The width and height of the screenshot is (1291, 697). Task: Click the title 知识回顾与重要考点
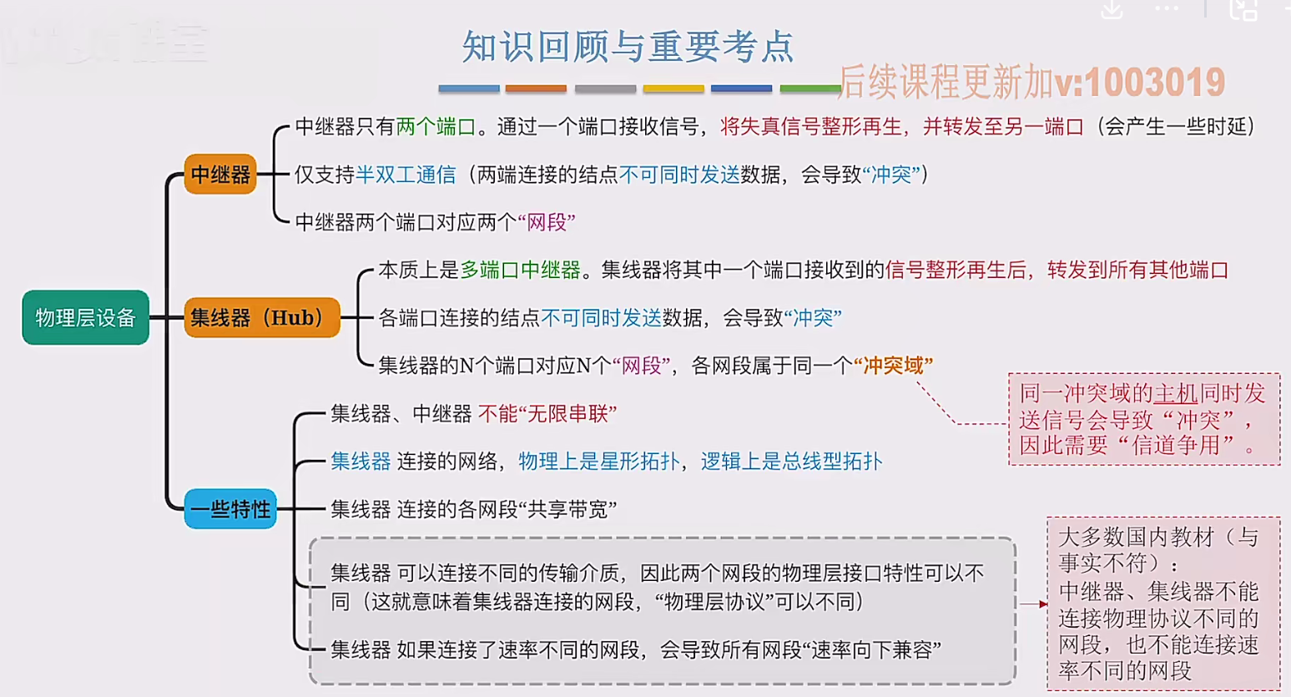point(628,47)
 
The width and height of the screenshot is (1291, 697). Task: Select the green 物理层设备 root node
point(85,317)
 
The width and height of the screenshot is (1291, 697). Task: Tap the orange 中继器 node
point(220,174)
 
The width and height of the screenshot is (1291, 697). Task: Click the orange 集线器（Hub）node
point(261,318)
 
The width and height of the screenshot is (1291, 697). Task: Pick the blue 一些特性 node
point(230,509)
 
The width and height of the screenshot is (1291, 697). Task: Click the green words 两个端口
point(436,127)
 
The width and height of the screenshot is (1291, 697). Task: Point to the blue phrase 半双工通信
point(406,174)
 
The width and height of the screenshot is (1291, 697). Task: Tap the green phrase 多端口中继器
point(521,270)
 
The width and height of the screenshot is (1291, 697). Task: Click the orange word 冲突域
point(894,366)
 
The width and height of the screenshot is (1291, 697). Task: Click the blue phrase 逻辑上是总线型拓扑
point(791,462)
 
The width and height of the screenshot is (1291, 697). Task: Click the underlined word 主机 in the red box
point(1175,393)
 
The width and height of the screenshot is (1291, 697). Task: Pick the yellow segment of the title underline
point(673,88)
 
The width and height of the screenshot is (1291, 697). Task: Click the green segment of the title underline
point(809,88)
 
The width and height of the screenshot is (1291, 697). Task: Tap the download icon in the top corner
point(1112,9)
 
